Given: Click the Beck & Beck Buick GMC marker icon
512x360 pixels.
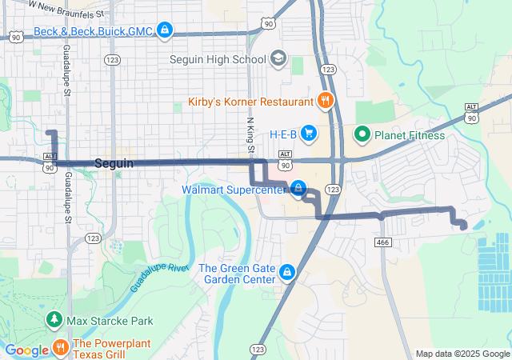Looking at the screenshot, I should (x=164, y=31).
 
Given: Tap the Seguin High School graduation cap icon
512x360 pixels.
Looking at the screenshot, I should (x=278, y=59).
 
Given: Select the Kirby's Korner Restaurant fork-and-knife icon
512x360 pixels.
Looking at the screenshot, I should (x=324, y=102).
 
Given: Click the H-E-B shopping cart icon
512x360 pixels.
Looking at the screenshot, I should (x=308, y=134).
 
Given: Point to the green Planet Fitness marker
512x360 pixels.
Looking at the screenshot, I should (x=362, y=134).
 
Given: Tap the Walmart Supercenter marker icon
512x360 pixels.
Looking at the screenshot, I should (x=298, y=189).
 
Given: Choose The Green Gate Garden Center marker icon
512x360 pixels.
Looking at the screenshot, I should (x=286, y=274).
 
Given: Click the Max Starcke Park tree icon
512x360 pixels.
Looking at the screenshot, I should (x=54, y=320).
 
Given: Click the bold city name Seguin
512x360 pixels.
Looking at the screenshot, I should (x=114, y=163).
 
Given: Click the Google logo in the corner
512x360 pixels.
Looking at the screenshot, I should (x=26, y=350).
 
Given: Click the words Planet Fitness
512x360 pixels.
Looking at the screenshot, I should (x=410, y=134).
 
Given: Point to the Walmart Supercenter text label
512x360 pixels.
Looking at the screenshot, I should (x=233, y=190).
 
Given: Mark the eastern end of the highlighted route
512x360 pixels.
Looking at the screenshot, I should (x=464, y=228).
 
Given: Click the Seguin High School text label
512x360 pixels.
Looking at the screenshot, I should (x=218, y=59).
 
